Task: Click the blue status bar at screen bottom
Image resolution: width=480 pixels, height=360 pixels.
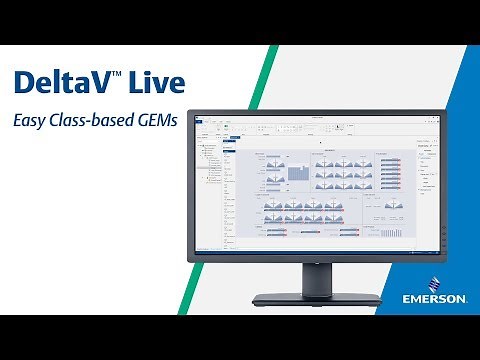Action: [315, 249]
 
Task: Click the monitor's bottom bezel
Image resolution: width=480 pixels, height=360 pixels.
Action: [315, 258]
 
